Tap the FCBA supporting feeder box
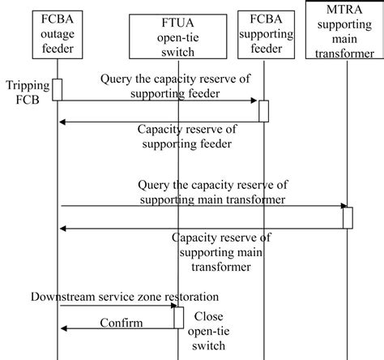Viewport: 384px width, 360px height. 263,35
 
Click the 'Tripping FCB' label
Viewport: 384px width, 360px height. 23,92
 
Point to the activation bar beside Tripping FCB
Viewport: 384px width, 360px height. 58,89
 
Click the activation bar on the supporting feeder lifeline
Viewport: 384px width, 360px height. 263,110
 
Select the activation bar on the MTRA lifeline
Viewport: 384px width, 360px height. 347,217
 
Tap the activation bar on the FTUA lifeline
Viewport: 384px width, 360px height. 179,317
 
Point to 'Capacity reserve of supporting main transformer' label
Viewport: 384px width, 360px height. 223,251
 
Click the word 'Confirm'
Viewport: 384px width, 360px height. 122,324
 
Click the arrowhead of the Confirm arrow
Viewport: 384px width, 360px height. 65,328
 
